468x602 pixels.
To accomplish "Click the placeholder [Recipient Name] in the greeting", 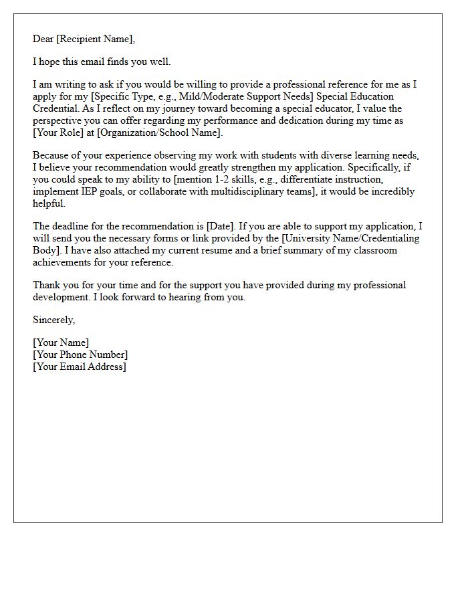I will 96,39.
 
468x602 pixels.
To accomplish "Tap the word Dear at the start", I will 43,39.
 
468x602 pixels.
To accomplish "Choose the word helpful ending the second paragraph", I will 49,203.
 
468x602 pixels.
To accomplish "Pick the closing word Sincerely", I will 53,320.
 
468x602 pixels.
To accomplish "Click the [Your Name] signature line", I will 61,342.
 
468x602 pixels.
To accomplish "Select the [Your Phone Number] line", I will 80,355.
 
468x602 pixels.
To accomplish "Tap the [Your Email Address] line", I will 80,367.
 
